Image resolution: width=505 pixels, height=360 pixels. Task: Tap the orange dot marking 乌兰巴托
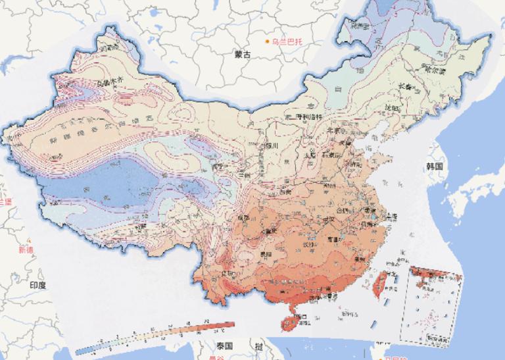[x=267, y=42]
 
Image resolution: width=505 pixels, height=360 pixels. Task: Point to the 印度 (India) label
[x=37, y=285]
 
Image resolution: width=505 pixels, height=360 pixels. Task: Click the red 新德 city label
[x=27, y=250]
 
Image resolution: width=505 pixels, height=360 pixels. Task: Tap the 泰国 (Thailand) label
[x=224, y=346]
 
